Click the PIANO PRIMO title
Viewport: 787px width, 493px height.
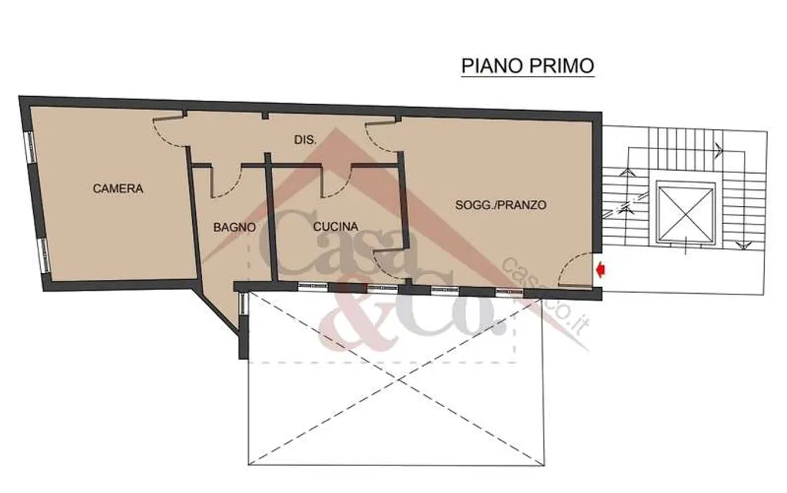pyautogui.click(x=527, y=66)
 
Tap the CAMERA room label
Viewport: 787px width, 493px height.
pyautogui.click(x=118, y=188)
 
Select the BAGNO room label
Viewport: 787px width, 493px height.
pyautogui.click(x=234, y=227)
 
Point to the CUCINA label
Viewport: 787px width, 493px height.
pyautogui.click(x=336, y=227)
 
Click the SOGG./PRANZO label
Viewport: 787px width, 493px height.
pyautogui.click(x=501, y=205)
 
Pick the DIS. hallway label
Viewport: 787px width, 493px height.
pyautogui.click(x=305, y=140)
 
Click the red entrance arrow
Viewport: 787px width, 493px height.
pyautogui.click(x=600, y=270)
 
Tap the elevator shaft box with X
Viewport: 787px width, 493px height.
pyautogui.click(x=685, y=213)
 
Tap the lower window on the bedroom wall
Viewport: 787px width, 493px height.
pyautogui.click(x=45, y=255)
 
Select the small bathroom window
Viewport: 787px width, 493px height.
pyautogui.click(x=242, y=305)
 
